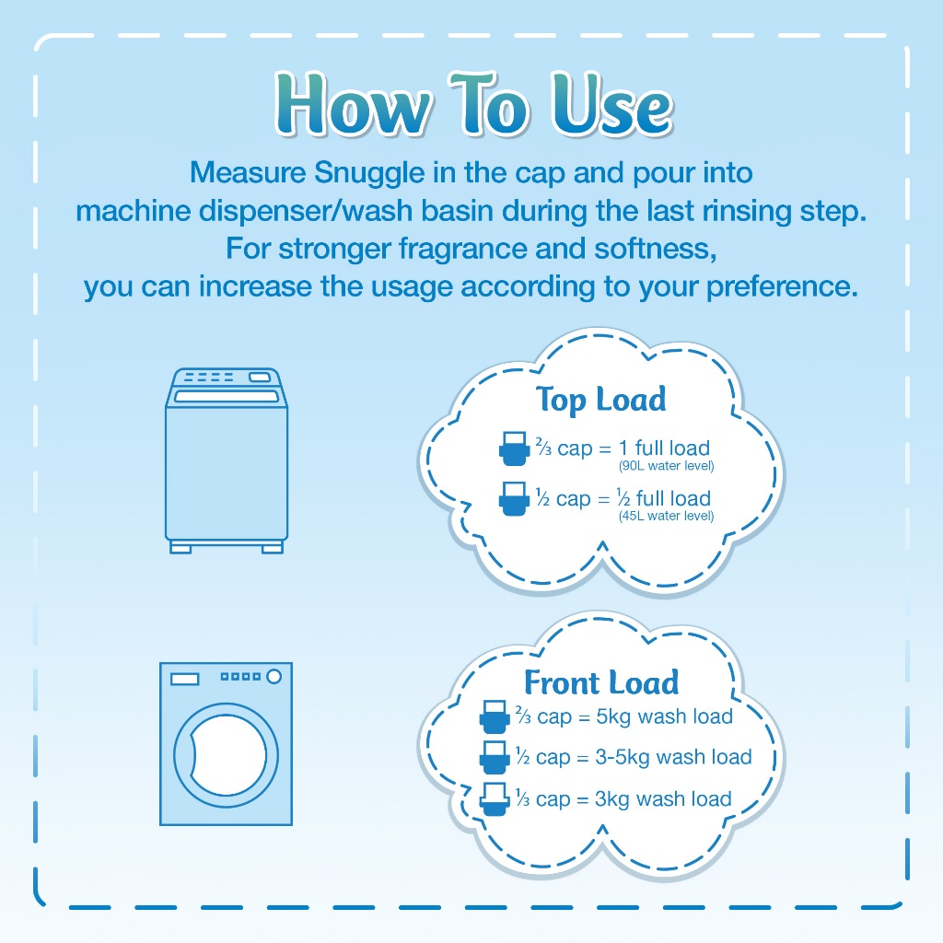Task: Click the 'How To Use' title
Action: pos(474,103)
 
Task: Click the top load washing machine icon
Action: pos(227,460)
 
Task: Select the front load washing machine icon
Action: pos(227,744)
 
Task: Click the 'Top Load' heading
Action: pos(600,400)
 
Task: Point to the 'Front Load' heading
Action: pos(601,682)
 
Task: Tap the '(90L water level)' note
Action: pos(667,465)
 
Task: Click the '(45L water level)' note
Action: pos(667,516)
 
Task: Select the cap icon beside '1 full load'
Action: pos(514,448)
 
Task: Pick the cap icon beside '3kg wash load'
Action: pos(495,798)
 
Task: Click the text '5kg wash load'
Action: pos(665,716)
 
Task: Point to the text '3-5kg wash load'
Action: pos(673,757)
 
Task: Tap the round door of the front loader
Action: pos(227,754)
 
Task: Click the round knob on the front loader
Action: pos(274,677)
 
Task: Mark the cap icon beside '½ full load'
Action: pos(514,498)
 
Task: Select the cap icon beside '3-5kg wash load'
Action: pos(495,757)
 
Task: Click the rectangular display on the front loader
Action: pos(184,679)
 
